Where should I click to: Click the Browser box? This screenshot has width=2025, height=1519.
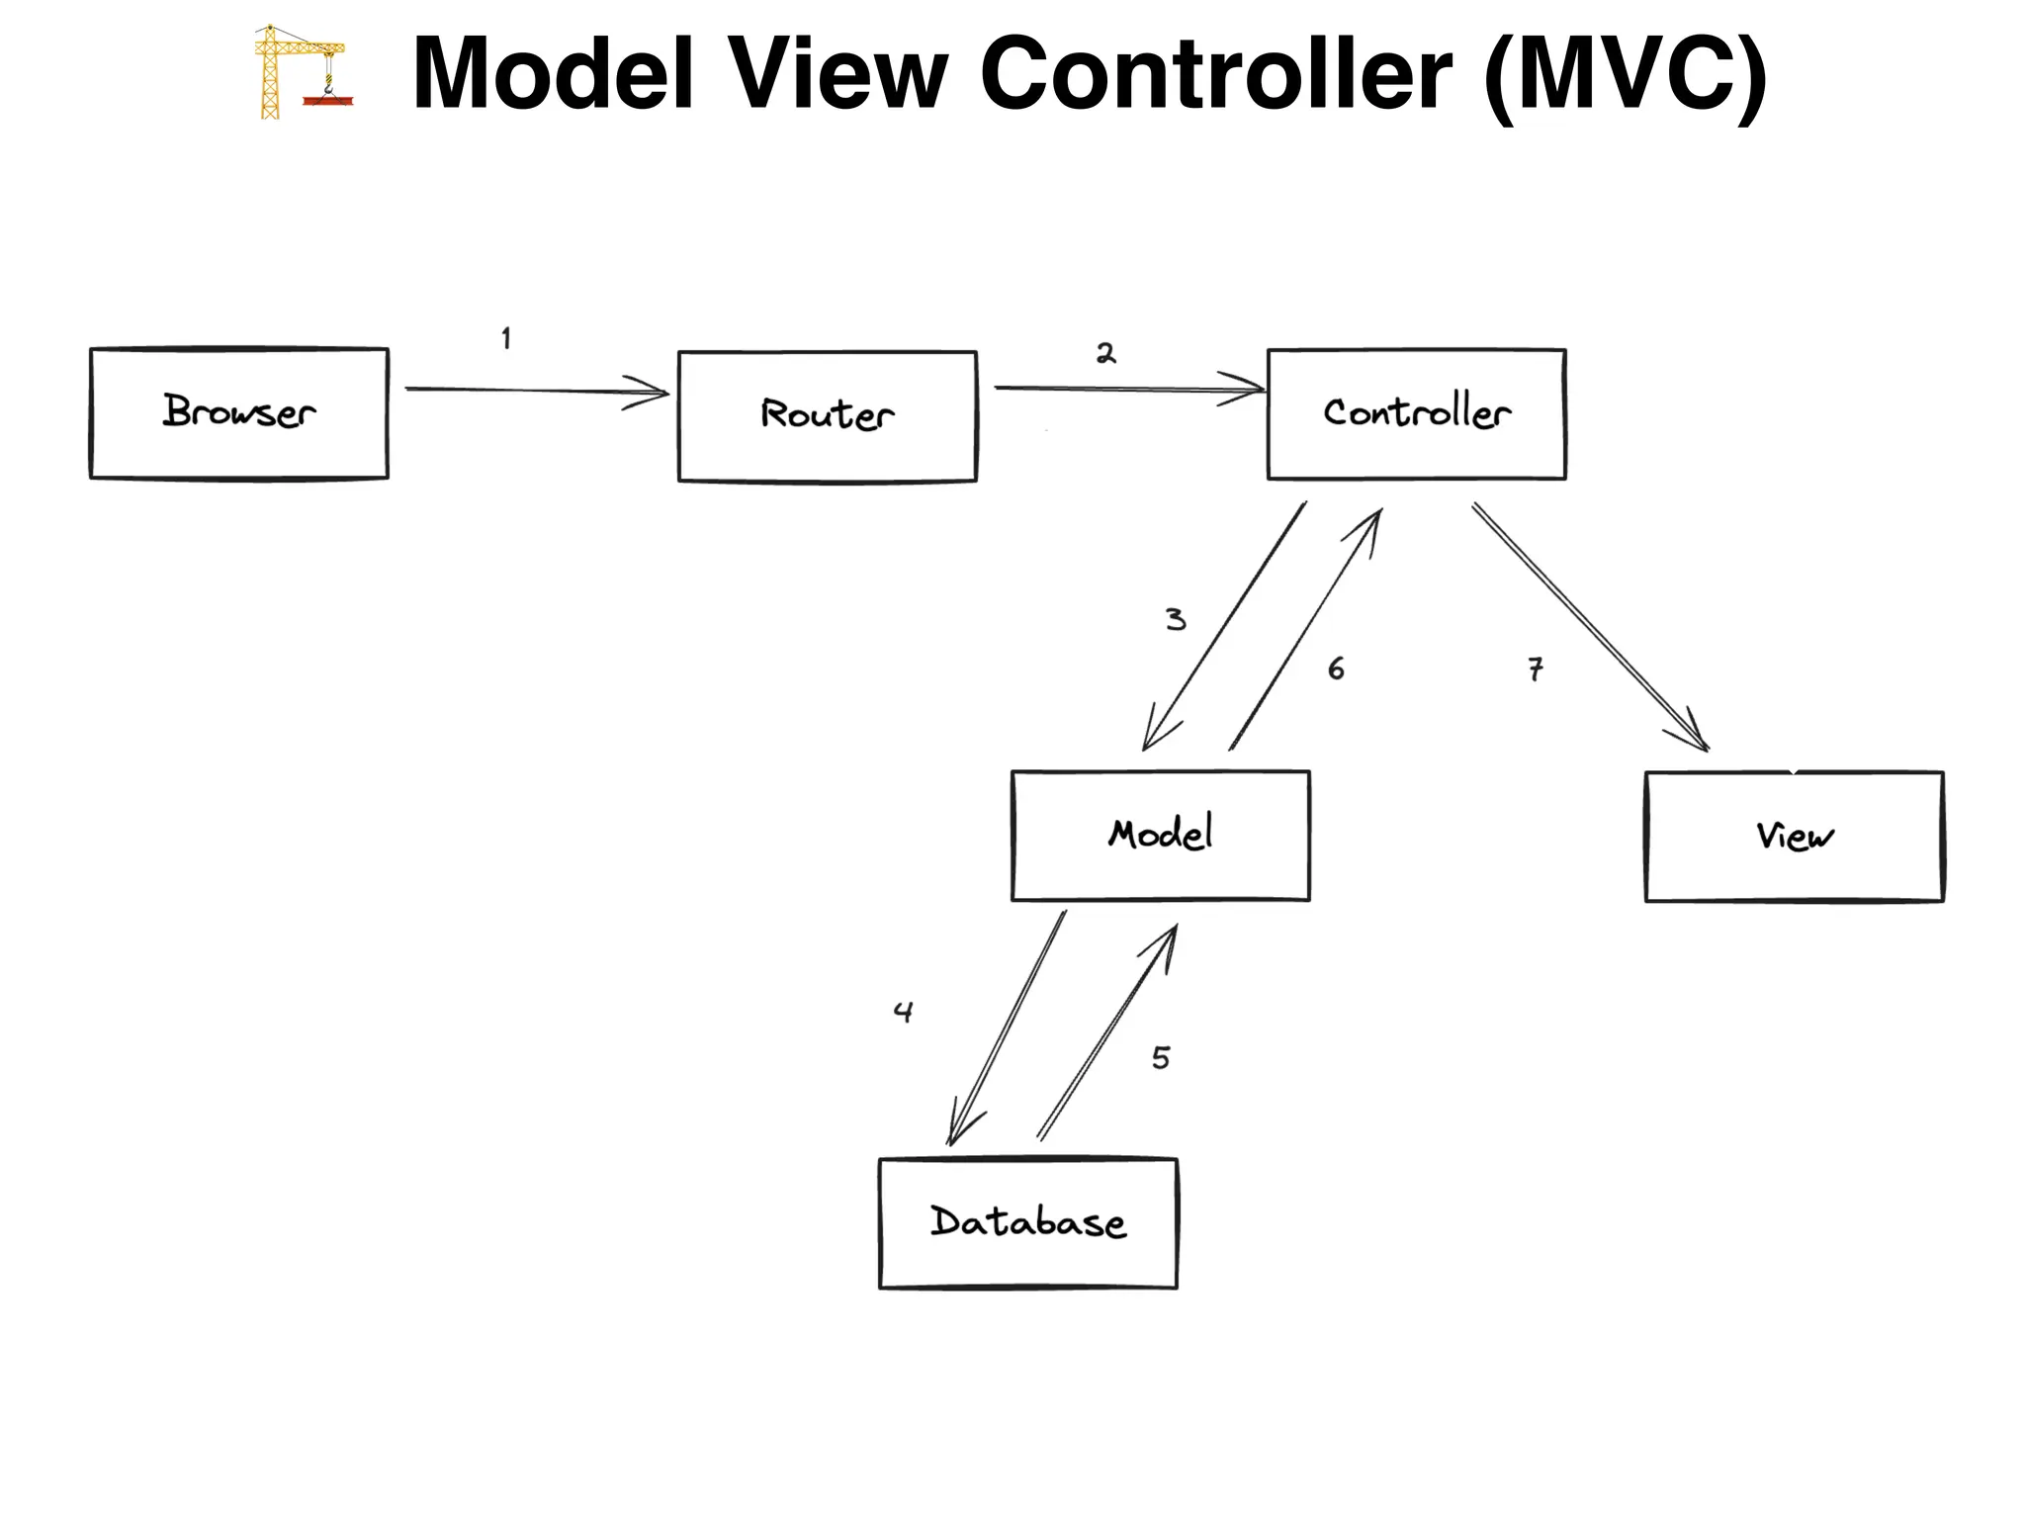238,413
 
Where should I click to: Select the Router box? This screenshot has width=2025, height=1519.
827,416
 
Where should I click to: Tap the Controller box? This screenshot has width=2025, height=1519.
1416,414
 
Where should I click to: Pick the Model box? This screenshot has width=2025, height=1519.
1160,836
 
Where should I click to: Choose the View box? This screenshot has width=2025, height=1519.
1794,837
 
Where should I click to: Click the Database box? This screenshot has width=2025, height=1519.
1027,1223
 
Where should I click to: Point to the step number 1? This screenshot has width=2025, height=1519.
506,339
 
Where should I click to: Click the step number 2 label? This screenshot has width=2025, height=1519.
1105,353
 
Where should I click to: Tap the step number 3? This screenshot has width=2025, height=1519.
1175,620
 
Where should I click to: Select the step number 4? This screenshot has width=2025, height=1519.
903,1012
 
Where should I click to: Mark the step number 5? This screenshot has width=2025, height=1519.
1161,1058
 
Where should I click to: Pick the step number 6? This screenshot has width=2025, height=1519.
1336,670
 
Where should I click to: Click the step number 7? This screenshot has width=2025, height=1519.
1535,670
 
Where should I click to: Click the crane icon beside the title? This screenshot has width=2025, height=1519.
301,72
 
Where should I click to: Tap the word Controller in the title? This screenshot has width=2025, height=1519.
1215,74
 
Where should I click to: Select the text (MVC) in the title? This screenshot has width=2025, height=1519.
1625,76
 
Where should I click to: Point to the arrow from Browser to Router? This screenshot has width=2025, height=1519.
534,391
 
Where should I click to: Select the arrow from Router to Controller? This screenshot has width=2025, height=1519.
1127,390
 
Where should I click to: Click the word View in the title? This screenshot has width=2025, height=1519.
837,74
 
